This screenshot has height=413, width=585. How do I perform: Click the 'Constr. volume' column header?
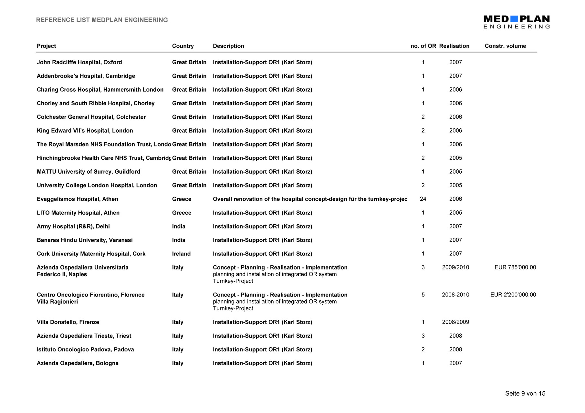coord(505,46)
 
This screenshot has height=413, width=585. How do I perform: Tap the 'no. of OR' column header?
coord(423,46)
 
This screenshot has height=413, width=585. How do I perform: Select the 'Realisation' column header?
coord(454,46)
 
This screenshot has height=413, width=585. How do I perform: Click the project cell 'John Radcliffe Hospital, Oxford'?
coord(79,62)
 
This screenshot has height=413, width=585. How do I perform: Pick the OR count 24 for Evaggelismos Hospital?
coord(423,199)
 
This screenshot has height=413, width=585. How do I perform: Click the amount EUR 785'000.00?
coord(515,267)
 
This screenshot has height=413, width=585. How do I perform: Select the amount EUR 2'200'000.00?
coord(513,295)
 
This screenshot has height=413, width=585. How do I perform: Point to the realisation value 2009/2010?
coord(455,267)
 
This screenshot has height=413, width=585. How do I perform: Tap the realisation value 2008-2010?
coord(455,295)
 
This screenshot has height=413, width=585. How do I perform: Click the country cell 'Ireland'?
coord(181,254)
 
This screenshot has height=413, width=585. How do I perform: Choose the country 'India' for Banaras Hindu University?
coord(179,240)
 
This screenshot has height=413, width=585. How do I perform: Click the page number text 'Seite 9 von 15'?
coord(525,393)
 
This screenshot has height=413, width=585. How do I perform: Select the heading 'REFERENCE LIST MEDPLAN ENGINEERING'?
coord(102,20)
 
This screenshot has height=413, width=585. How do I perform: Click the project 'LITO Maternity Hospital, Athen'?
coord(78,213)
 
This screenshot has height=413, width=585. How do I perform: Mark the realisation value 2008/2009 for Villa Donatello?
coord(455,322)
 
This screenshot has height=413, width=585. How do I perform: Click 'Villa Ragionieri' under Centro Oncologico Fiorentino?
coord(57,302)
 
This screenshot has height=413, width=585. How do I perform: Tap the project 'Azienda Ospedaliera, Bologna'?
coord(78,363)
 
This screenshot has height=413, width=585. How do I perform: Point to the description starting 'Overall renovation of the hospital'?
coord(310,199)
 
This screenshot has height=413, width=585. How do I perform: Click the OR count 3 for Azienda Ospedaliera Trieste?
coord(423,336)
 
